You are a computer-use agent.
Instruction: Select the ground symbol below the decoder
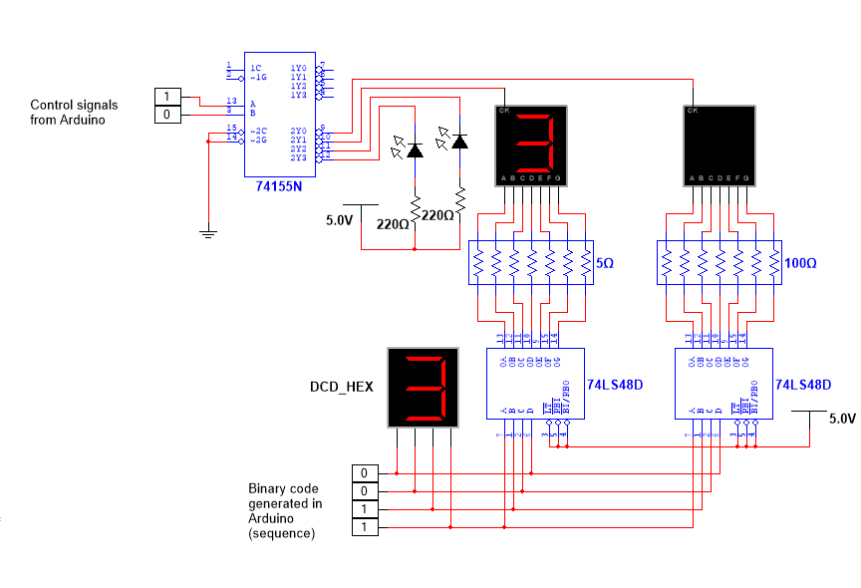point(207,233)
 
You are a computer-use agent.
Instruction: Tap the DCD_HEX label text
point(341,387)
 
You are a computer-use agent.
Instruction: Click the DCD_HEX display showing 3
point(423,387)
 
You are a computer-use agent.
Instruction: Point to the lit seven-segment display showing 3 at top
point(530,146)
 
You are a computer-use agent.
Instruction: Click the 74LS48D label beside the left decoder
point(615,384)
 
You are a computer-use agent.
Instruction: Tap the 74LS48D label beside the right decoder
point(803,384)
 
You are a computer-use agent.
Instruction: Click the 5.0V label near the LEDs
point(340,219)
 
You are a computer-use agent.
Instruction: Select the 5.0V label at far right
point(842,419)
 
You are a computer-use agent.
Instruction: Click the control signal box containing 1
point(167,97)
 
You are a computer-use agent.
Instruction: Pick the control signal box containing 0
point(167,115)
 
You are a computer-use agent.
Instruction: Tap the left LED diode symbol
point(415,150)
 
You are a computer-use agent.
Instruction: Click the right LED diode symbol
point(459,142)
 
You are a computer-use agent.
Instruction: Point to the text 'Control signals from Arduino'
point(74,112)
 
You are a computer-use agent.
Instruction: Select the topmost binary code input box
point(365,472)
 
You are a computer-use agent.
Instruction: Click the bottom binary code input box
point(365,527)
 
